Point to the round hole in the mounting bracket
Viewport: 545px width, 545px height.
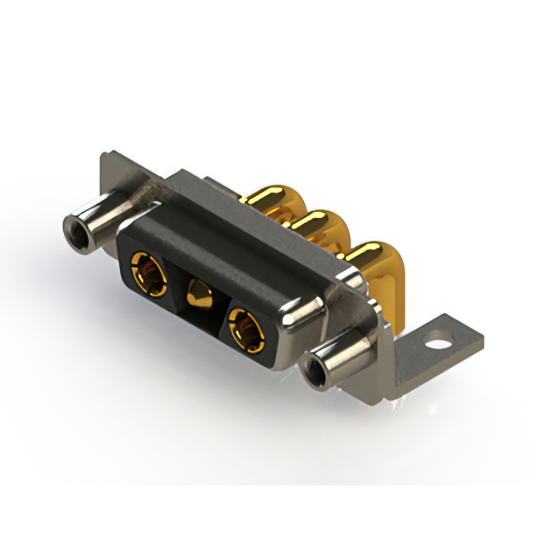coord(440,347)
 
